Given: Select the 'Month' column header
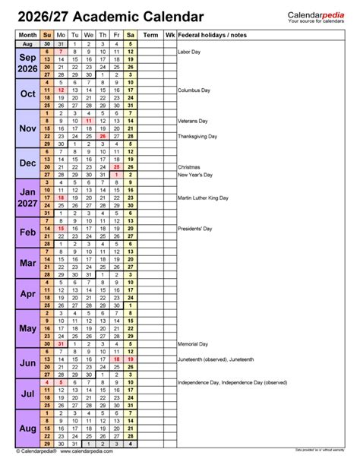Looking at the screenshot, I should [27, 35].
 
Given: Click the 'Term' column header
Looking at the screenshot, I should [151, 35].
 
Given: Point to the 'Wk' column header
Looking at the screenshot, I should [170, 35].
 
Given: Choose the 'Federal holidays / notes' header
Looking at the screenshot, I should [212, 35].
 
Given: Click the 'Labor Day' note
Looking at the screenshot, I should [190, 52].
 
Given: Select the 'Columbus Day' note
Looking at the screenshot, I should [194, 90].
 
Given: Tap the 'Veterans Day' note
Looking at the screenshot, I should [194, 121].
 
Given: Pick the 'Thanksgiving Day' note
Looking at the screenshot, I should [197, 136].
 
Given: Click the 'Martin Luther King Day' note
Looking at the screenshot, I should [204, 198].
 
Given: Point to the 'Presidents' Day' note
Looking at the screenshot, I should [196, 228].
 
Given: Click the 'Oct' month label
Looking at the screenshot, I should [27, 93].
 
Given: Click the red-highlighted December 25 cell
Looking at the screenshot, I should [116, 166].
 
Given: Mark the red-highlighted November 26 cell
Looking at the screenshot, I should [103, 136].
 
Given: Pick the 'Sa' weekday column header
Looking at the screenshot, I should [131, 35].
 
